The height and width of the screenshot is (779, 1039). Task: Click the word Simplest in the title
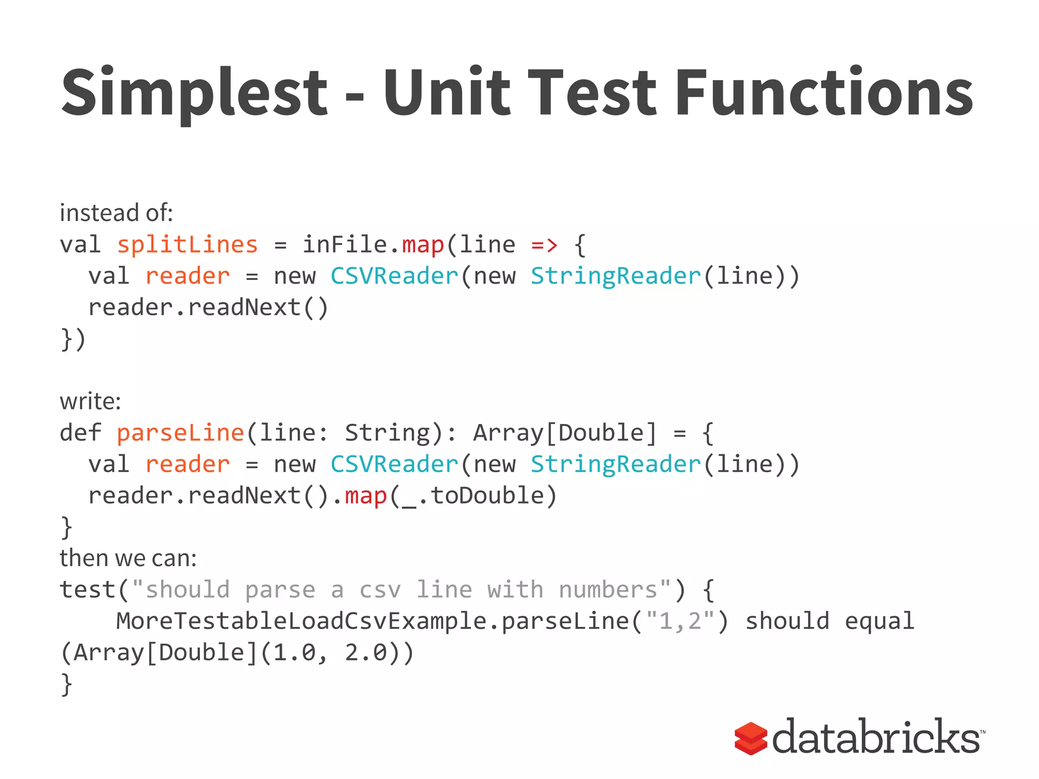194,93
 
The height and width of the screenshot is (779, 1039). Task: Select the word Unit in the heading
446,93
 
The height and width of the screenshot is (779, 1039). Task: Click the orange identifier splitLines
187,245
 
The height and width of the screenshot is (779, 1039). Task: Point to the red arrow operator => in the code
544,245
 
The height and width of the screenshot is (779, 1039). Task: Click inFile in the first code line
345,245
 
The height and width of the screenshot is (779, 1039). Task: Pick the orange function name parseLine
180,433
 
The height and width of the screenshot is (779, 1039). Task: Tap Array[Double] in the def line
564,433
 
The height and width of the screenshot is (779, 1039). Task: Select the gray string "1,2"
680,621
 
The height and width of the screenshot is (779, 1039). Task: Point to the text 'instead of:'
116,213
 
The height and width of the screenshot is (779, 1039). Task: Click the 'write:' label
90,402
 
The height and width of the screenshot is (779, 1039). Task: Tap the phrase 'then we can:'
128,558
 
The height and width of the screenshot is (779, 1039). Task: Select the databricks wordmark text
876,736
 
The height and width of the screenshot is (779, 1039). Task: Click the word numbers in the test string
608,590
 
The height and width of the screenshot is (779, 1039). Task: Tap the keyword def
81,433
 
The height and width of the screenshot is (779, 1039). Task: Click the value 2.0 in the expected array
366,653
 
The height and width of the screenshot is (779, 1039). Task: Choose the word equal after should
879,621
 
